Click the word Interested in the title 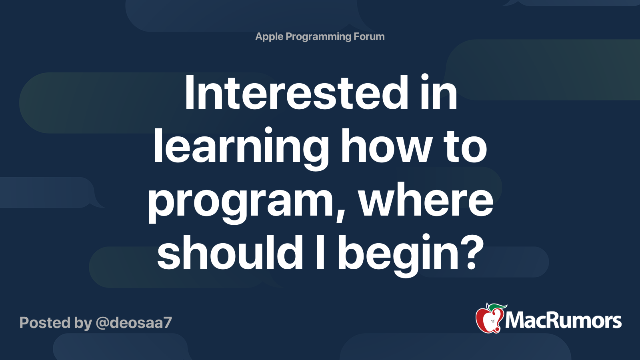296,94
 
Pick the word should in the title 230,253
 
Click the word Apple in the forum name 269,37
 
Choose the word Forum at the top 370,36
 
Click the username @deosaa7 134,322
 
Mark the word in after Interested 439,94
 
